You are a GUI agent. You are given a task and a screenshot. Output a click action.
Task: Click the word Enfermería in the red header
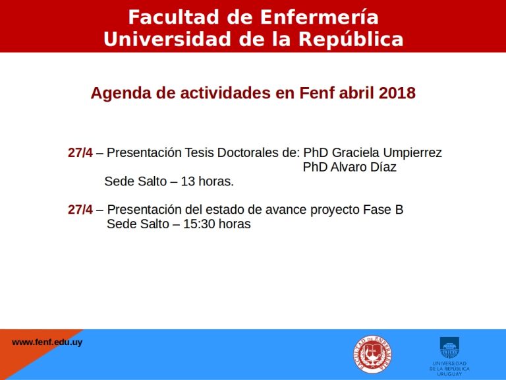coord(319,17)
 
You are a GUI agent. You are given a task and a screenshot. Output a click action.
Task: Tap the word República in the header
coord(351,40)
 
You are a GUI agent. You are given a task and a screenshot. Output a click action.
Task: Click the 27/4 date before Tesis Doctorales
coord(80,152)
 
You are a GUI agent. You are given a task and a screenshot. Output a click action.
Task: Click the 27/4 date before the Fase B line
coord(80,210)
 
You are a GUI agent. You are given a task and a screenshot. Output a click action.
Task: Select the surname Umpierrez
coord(412,153)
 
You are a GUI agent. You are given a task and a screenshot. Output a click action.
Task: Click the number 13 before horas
coord(188,181)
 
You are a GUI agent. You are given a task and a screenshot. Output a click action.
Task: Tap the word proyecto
coord(335,210)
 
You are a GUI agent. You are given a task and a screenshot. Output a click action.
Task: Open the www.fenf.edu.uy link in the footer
coord(47,342)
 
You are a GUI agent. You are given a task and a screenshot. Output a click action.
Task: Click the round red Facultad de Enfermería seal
coord(372,354)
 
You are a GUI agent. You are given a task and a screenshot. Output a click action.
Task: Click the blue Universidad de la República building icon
coord(449,348)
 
